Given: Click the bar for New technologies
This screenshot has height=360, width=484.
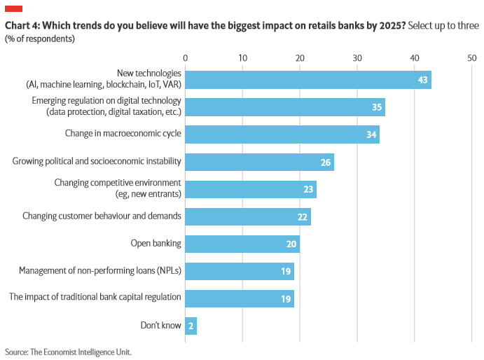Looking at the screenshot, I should [308, 80].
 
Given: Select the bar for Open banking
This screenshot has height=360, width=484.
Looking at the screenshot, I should [242, 244].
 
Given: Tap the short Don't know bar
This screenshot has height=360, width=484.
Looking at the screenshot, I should [191, 326].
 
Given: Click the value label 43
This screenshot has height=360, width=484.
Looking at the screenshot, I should [422, 80].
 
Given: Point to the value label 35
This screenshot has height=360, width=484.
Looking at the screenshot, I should [377, 107].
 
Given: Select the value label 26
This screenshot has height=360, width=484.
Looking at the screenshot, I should [325, 162].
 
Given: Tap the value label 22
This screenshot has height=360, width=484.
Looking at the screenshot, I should [303, 216].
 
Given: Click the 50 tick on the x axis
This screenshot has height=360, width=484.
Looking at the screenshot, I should [471, 57].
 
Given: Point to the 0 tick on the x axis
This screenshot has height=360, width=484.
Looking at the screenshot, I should [185, 57].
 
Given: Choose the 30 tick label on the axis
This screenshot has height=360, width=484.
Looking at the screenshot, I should [357, 57].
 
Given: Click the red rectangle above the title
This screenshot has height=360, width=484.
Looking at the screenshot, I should [13, 8].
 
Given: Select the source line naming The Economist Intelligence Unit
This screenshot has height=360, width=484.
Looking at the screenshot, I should [68, 352].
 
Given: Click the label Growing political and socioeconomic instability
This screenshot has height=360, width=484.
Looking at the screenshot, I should [97, 162].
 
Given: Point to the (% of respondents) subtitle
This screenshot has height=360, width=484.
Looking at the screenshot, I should [39, 39].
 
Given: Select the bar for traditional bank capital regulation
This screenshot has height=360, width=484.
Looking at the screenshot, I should [239, 298].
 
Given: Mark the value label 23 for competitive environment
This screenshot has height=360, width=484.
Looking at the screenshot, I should [308, 189].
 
